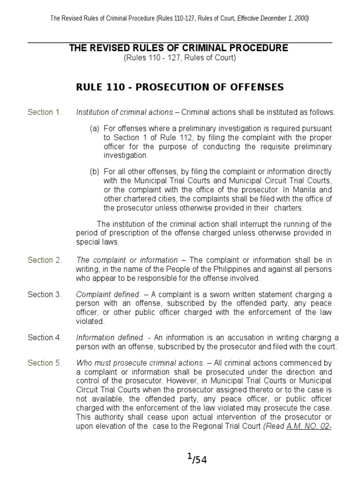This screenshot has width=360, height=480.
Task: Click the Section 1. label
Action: [x=45, y=112]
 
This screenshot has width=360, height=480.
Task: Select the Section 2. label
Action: [x=45, y=260]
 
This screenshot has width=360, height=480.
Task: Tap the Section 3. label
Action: [x=45, y=295]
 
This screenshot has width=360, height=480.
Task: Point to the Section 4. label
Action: [x=45, y=337]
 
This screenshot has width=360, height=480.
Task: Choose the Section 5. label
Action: [x=45, y=363]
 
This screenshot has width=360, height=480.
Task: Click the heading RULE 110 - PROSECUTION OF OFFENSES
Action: [x=180, y=87]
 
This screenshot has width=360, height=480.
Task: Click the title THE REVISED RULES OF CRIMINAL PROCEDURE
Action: [x=179, y=48]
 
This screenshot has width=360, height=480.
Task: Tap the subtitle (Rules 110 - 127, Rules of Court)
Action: [x=180, y=58]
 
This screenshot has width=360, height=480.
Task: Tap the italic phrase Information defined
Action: [x=110, y=337]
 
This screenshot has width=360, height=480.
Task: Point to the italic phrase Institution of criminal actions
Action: [x=127, y=112]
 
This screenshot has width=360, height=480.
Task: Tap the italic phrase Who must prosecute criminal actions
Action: [x=140, y=363]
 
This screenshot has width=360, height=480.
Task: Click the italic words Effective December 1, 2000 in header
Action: [x=273, y=18]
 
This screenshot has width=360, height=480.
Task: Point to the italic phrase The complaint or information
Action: [x=127, y=260]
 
